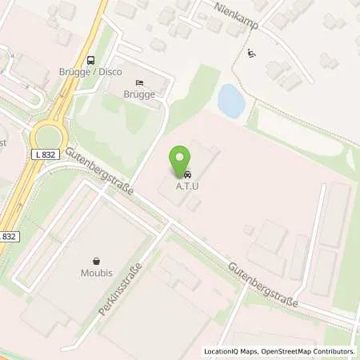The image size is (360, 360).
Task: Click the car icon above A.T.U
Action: [187, 174]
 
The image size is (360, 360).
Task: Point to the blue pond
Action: [231, 102]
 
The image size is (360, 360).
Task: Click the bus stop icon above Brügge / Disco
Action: [90, 58]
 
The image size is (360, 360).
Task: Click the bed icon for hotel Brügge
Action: [140, 82]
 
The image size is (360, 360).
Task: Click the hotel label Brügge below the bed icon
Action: [140, 94]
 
